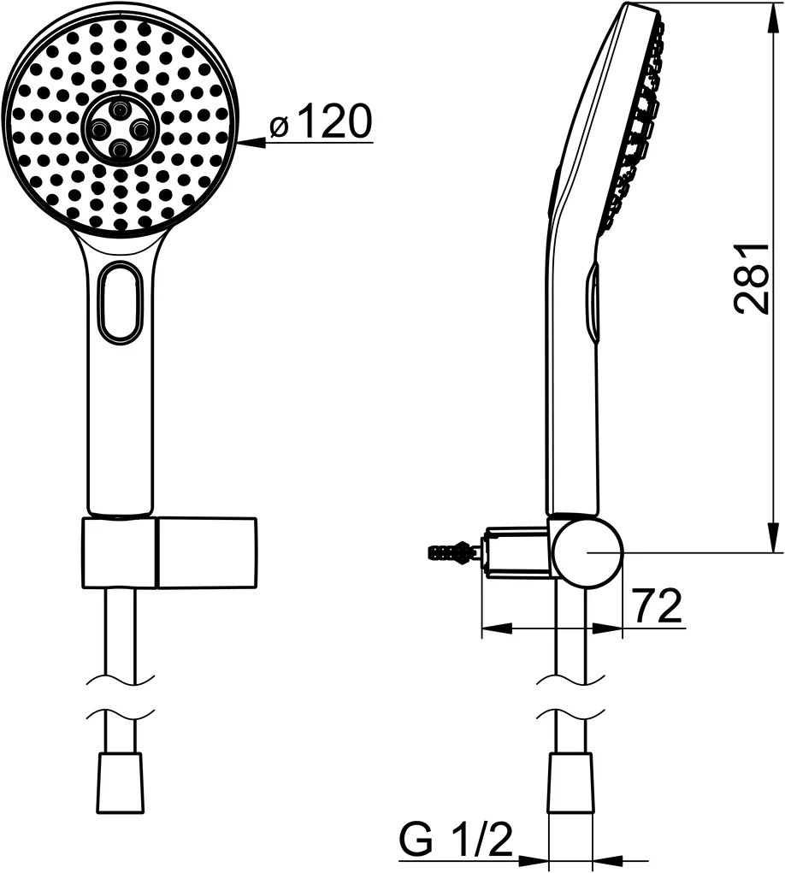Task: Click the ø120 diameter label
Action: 322,124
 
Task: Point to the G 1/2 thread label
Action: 456,841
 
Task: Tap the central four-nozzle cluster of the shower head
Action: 120,128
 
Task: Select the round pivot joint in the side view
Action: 586,552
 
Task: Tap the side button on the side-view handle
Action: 593,299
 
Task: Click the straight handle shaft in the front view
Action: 121,428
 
